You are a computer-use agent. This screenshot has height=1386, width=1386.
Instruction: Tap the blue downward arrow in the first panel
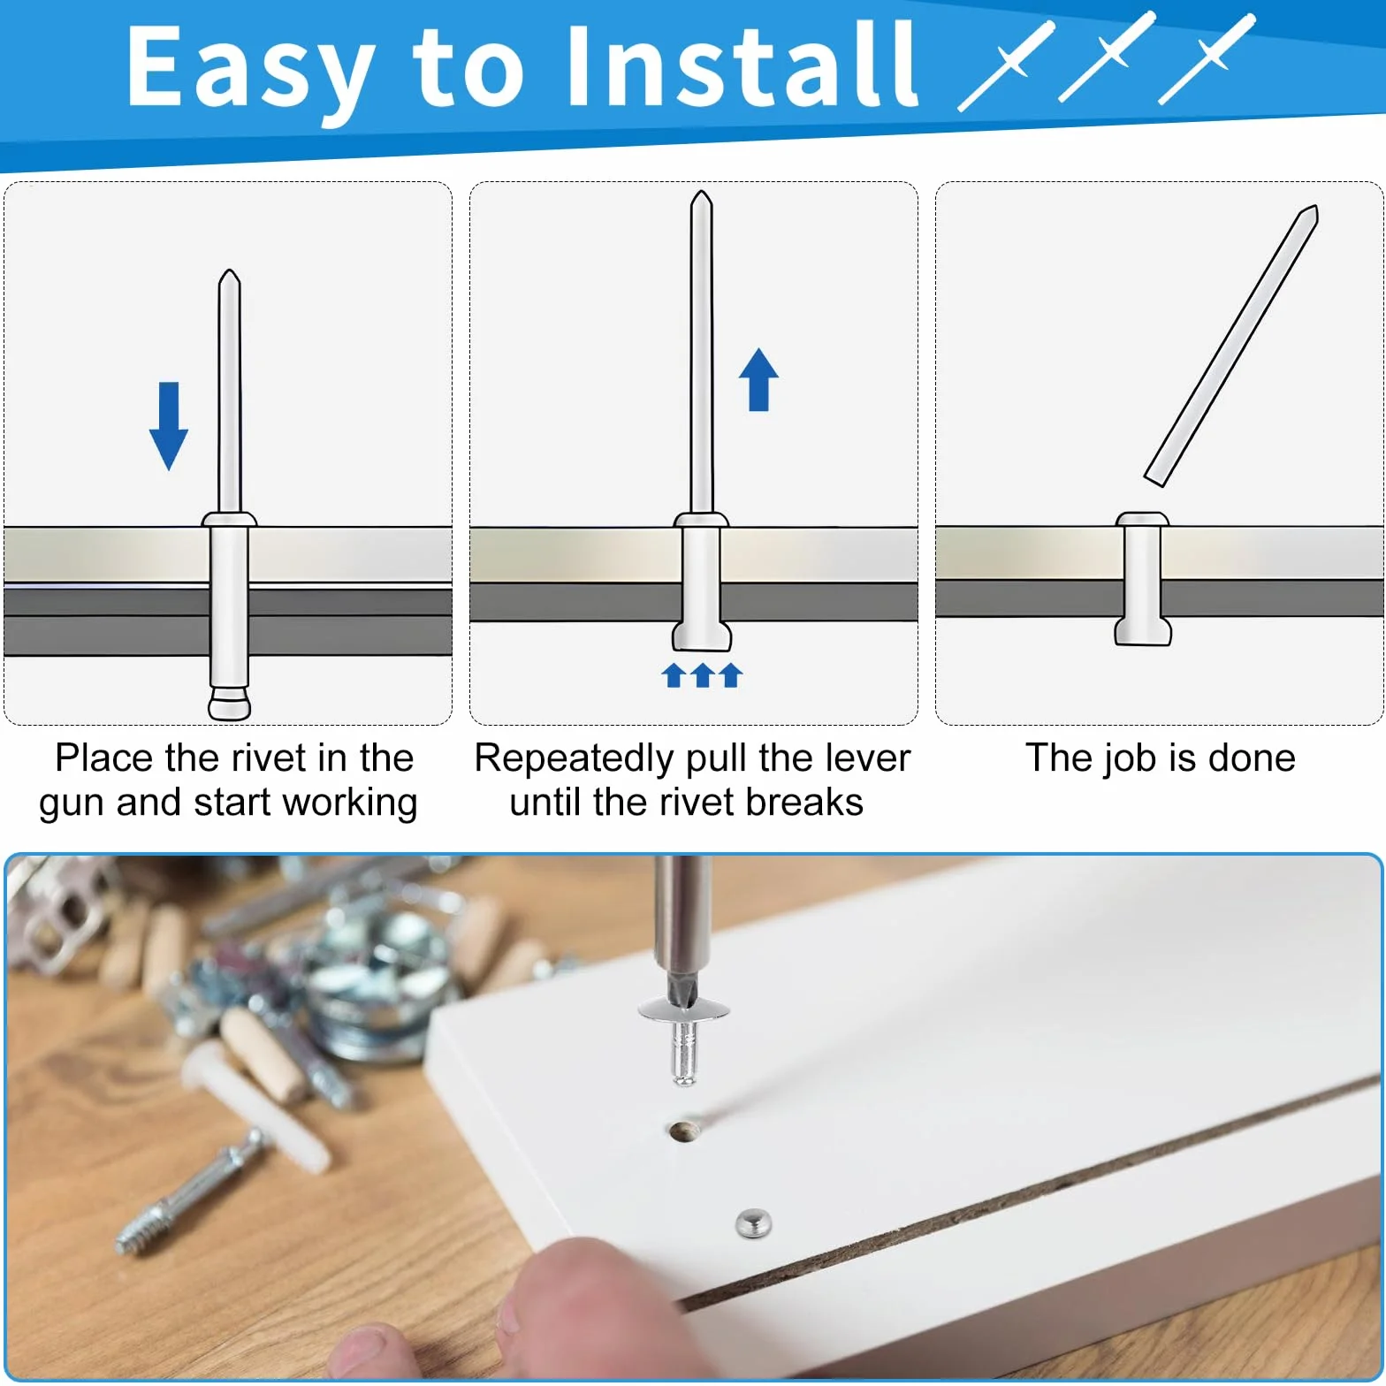pyautogui.click(x=168, y=426)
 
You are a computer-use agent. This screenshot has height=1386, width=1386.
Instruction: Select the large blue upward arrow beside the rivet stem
pyautogui.click(x=758, y=379)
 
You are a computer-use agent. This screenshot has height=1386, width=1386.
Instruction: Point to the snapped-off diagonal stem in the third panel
pyautogui.click(x=1231, y=346)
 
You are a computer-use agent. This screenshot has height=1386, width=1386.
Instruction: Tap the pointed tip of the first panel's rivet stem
pyautogui.click(x=230, y=270)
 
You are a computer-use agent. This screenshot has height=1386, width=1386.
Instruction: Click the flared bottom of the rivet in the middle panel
pyautogui.click(x=702, y=636)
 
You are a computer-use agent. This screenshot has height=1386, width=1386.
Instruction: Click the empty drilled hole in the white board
pyautogui.click(x=683, y=1131)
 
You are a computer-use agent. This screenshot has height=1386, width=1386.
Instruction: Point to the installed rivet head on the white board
pyautogui.click(x=753, y=1223)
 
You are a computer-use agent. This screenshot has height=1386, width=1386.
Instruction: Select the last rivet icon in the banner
pyautogui.click(x=1207, y=59)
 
